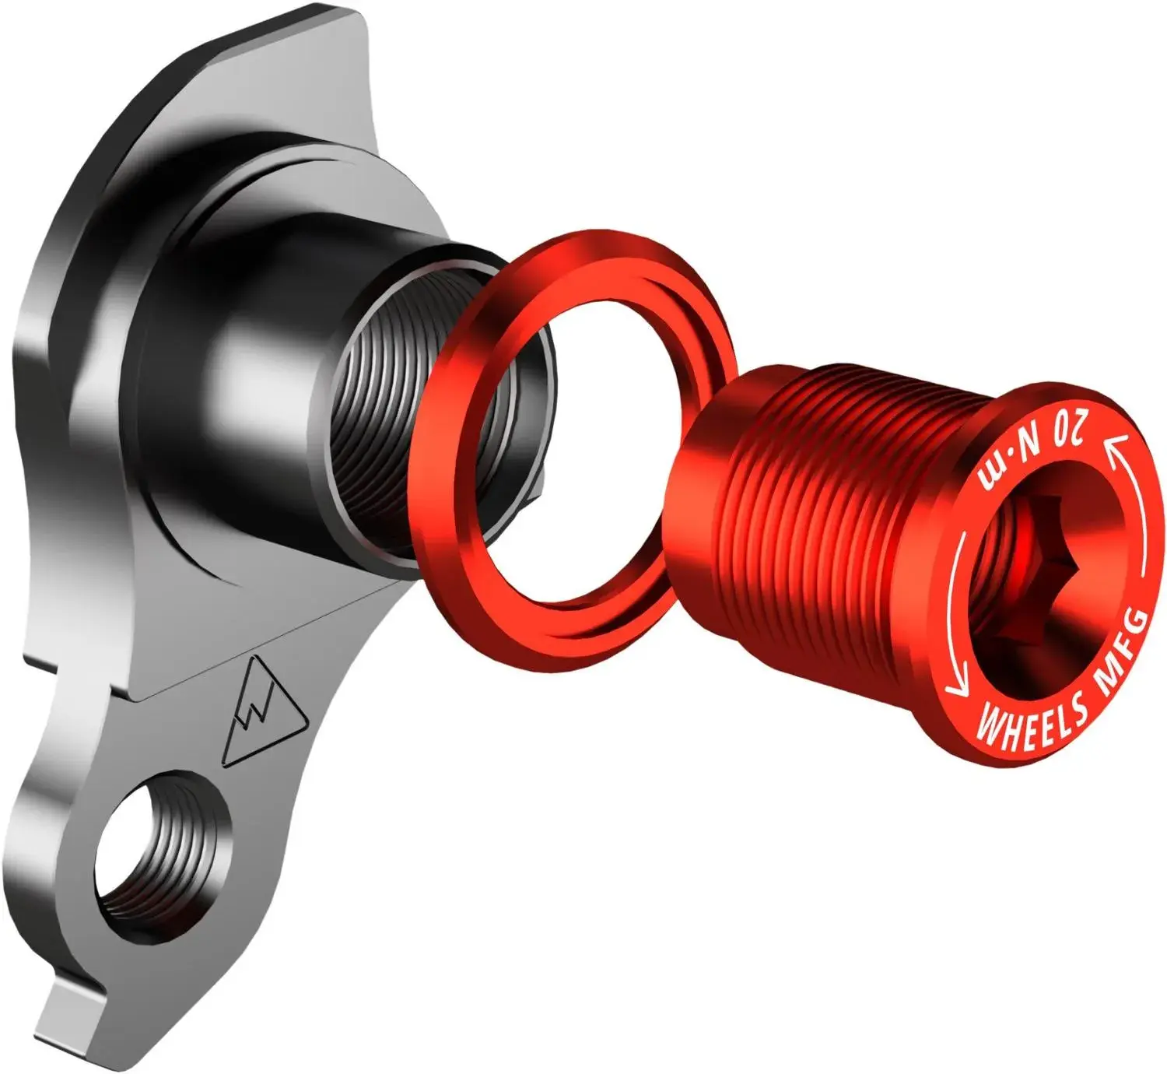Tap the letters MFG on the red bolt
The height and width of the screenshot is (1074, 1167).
coord(1121,652)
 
